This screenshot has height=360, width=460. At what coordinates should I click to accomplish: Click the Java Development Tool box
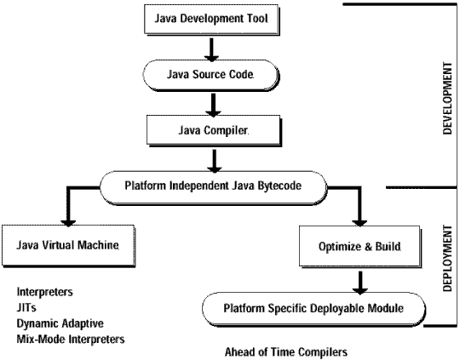point(211,20)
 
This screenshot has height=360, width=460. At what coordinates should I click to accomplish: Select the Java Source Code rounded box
point(211,75)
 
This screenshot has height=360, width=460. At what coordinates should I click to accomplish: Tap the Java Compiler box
point(214,131)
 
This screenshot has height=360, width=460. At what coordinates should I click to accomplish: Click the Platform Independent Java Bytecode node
point(213,187)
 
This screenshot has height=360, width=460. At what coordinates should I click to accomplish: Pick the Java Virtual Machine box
point(69,246)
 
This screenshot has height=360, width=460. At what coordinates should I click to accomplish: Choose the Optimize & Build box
point(360,247)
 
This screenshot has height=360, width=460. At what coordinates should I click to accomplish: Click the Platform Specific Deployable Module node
point(313,309)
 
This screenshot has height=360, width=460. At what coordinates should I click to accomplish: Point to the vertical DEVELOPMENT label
point(447,98)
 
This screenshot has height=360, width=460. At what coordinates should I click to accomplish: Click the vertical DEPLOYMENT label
point(447,258)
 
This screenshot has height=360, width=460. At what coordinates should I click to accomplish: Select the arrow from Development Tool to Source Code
point(211,49)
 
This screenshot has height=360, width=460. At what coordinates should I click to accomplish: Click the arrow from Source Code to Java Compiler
point(213,105)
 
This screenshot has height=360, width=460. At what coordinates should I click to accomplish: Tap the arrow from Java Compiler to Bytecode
point(215,161)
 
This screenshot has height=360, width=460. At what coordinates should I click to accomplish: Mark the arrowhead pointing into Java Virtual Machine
point(68,223)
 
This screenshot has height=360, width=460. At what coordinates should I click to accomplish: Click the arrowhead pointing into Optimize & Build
point(359,223)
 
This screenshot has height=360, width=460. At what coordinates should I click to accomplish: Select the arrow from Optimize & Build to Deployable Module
point(360,283)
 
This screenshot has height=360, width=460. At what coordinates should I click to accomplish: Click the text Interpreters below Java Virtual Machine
point(45,292)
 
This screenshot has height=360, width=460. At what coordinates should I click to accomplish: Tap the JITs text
point(26,307)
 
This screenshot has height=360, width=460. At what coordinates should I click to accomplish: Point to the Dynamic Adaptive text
point(60,323)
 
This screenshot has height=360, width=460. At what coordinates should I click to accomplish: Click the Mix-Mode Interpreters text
point(71,340)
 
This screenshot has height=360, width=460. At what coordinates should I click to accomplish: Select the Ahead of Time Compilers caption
point(286,351)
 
